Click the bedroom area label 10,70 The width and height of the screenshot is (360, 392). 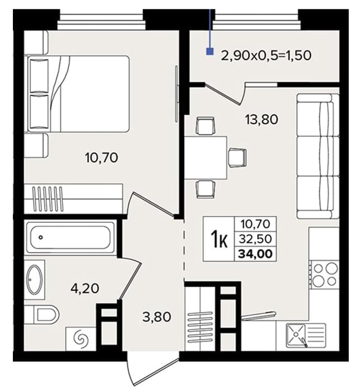point(101,158)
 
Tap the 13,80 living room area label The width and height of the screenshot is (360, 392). point(261,119)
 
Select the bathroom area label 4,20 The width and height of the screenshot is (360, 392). point(85,289)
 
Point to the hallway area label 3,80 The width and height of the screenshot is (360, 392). point(157,318)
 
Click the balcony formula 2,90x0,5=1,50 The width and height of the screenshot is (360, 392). point(267,55)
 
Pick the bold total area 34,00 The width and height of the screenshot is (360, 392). point(255,254)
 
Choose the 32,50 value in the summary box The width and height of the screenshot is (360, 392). point(255,239)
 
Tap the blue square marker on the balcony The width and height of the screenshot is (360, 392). point(210,52)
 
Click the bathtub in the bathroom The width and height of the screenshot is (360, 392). point(70,237)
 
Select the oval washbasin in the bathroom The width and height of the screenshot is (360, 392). point(35,279)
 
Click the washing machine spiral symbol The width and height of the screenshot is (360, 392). point(81,339)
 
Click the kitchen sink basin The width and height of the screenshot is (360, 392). point(296,335)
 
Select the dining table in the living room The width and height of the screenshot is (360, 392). point(205,158)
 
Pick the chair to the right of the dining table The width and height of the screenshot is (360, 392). point(237,158)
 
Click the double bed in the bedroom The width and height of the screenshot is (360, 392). point(78,94)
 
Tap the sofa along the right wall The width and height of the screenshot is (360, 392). point(317,156)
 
